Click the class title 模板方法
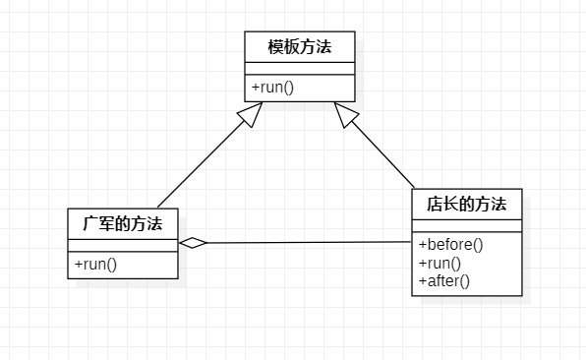(299, 45)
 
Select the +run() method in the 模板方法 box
(273, 88)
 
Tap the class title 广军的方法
(123, 223)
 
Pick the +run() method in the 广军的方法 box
(95, 264)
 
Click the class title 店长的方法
(466, 205)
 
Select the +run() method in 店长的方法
(439, 263)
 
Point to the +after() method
(444, 280)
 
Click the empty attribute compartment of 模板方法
(299, 68)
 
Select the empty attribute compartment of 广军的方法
(123, 245)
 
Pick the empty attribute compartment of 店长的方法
(466, 227)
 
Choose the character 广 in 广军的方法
(90, 223)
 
